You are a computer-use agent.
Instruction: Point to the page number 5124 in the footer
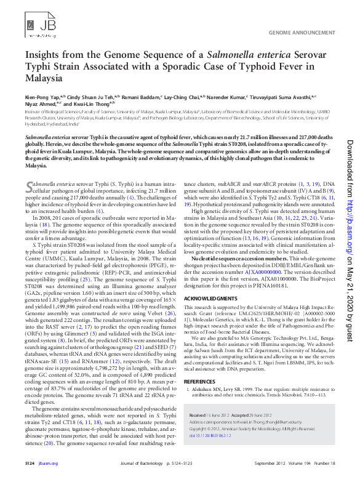click(30, 462)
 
